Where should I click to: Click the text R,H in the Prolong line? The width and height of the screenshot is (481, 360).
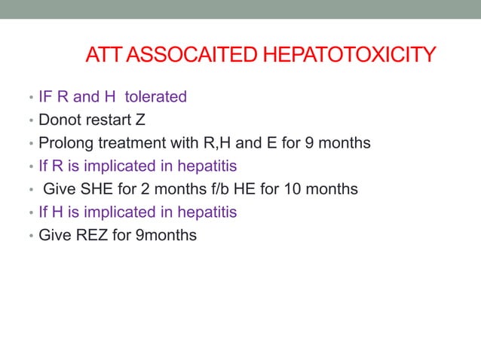point(213,143)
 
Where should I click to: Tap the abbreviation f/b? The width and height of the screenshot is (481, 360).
point(211,189)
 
